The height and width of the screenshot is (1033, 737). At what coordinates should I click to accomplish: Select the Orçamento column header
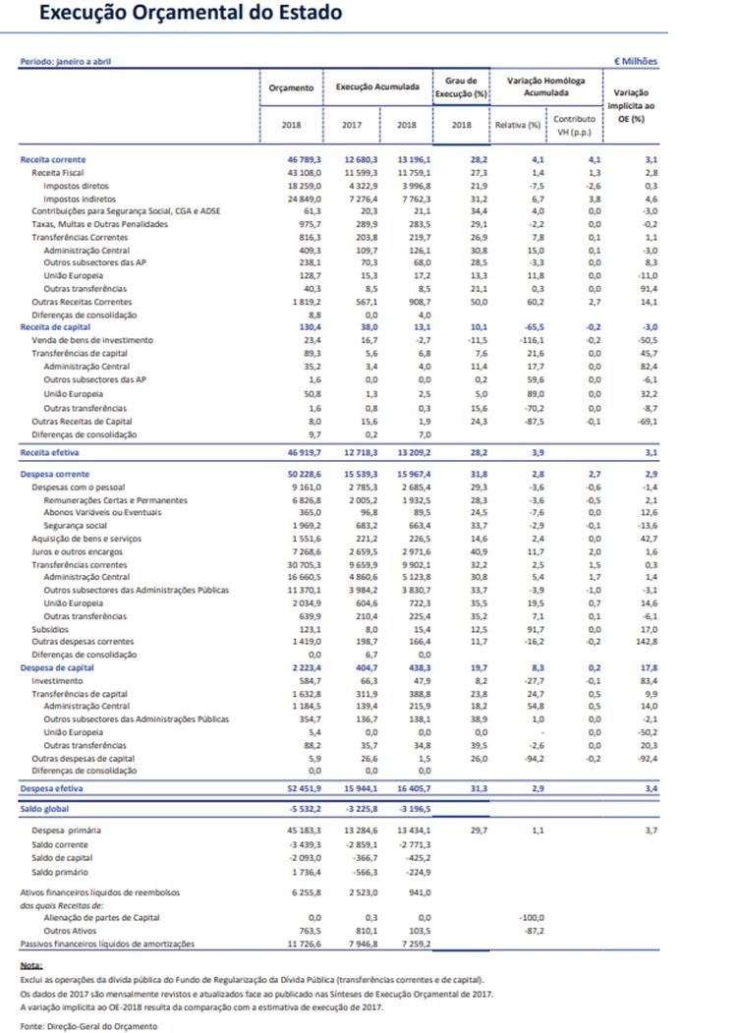click(x=291, y=87)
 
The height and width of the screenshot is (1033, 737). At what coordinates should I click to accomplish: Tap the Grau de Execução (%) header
click(x=461, y=86)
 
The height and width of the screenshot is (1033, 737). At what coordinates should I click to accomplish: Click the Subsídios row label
click(x=50, y=629)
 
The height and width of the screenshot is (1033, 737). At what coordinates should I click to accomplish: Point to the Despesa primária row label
click(x=66, y=830)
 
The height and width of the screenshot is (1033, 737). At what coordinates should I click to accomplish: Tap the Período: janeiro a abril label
click(x=66, y=61)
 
